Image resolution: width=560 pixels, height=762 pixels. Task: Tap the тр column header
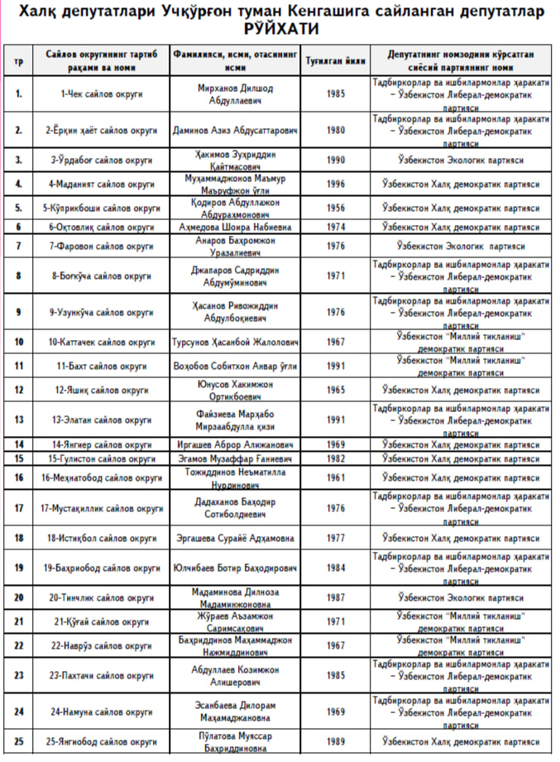tap(18, 62)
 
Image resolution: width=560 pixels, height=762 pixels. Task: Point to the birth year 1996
tap(336, 184)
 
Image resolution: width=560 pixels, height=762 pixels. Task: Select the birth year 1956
tap(336, 207)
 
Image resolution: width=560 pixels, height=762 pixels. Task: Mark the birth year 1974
tap(336, 227)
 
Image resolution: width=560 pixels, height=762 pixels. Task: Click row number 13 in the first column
tap(18, 419)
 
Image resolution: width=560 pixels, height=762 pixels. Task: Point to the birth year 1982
tap(336, 458)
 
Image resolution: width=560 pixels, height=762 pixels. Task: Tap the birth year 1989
tap(336, 741)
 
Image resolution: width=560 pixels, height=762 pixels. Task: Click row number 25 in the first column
tap(18, 741)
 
